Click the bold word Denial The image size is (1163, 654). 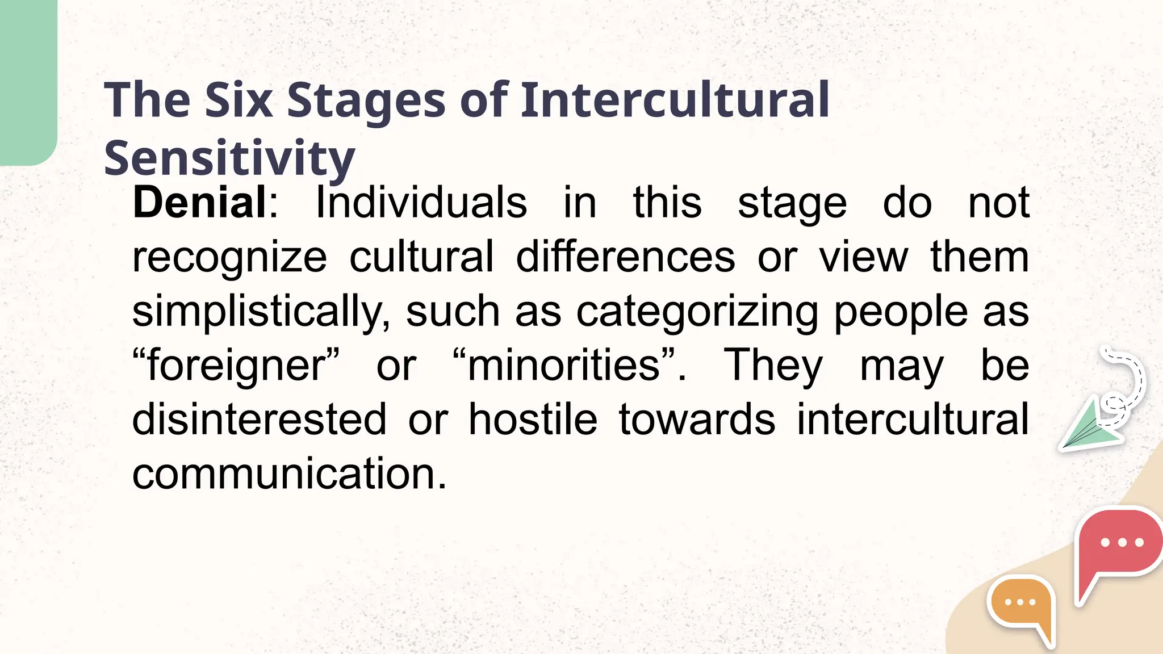tap(199, 203)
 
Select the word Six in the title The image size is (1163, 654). tap(239, 100)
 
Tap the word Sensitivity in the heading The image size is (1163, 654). tap(229, 158)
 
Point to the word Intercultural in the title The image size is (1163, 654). tap(675, 100)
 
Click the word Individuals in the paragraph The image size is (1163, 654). tap(421, 203)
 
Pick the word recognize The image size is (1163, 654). tap(229, 257)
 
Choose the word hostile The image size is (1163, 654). tap(533, 420)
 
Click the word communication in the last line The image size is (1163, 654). tap(289, 473)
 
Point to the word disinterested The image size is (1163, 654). tap(259, 420)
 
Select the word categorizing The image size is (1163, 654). tap(697, 312)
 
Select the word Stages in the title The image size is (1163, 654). tap(366, 100)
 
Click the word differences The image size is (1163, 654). tap(625, 257)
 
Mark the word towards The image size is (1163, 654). tap(697, 420)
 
